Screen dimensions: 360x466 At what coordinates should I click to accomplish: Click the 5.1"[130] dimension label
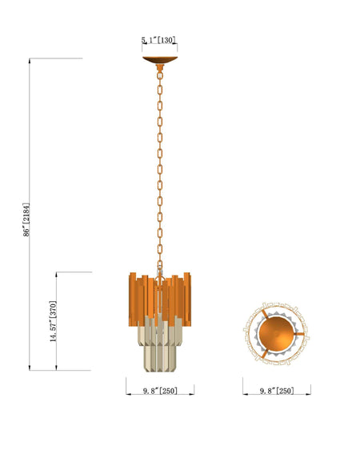[158, 40]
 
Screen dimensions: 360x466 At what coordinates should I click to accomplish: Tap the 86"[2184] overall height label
[26, 219]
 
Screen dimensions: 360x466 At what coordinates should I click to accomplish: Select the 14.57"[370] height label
[53, 321]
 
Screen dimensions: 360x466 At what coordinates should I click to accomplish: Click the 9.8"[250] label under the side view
[160, 391]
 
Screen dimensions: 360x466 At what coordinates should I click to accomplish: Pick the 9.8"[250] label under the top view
[277, 391]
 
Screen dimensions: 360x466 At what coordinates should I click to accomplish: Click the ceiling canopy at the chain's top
[160, 59]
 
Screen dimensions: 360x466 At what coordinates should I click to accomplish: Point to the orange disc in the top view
[277, 334]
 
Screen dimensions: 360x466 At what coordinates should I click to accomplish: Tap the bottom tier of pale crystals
[160, 358]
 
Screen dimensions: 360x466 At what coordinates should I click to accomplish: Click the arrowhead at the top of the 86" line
[30, 61]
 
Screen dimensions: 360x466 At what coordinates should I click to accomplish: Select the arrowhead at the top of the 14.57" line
[57, 275]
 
